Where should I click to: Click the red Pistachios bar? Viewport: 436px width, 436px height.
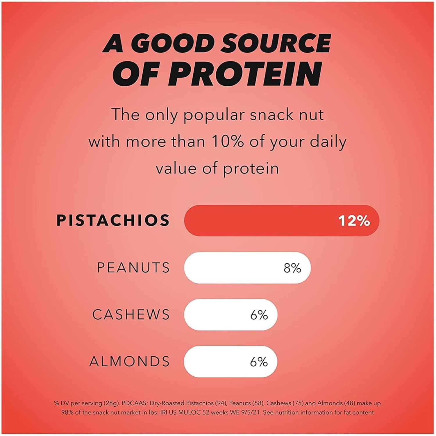click(282, 221)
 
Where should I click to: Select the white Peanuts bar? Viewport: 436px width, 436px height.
click(247, 268)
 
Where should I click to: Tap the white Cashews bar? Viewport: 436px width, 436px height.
click(231, 315)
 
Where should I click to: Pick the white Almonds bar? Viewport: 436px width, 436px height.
click(230, 362)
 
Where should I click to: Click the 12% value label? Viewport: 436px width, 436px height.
click(354, 221)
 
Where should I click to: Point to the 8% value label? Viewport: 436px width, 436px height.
click(292, 268)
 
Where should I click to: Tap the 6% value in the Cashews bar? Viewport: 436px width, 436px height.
click(259, 315)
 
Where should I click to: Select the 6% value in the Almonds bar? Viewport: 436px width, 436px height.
click(259, 362)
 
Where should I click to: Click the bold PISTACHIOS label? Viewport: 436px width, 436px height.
click(113, 220)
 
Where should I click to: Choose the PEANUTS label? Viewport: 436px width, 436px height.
click(133, 268)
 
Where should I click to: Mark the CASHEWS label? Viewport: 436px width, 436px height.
click(131, 315)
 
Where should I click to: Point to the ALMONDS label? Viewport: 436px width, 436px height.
click(130, 362)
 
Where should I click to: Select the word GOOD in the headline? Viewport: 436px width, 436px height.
click(172, 43)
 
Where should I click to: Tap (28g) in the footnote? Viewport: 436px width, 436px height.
click(111, 403)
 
